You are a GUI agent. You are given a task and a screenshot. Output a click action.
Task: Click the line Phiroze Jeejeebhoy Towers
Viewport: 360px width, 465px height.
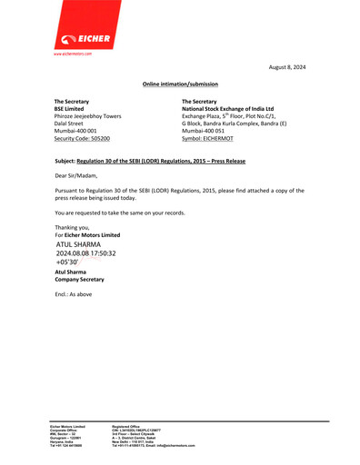click(x=88, y=116)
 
